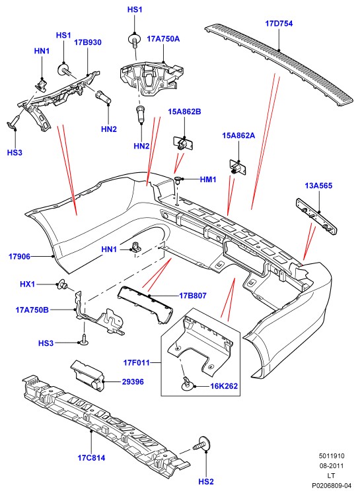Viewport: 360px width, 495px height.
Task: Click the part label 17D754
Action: click(279, 23)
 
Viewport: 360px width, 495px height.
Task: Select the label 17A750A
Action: click(163, 39)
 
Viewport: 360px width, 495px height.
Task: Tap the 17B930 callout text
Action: click(88, 42)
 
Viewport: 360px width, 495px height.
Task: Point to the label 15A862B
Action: click(184, 112)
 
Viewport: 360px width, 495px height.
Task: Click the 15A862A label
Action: click(238, 135)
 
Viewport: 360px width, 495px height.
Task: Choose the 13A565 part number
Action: click(318, 185)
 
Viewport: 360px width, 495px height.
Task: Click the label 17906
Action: click(20, 257)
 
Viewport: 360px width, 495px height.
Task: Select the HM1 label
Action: click(208, 180)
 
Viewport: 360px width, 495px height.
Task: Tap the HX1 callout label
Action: click(28, 284)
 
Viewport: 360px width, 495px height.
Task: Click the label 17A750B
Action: click(32, 310)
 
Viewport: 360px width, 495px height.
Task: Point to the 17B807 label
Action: click(193, 296)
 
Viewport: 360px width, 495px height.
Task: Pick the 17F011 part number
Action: click(137, 363)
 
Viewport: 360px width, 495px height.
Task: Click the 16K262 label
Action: click(224, 386)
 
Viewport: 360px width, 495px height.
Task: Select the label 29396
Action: click(133, 382)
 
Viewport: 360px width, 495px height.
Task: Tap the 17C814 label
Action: click(91, 458)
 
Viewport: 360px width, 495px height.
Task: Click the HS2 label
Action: click(206, 482)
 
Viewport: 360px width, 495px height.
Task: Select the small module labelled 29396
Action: click(88, 375)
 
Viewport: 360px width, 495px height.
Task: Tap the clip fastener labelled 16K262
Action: click(186, 383)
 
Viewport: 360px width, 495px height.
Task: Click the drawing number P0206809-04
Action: click(332, 485)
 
